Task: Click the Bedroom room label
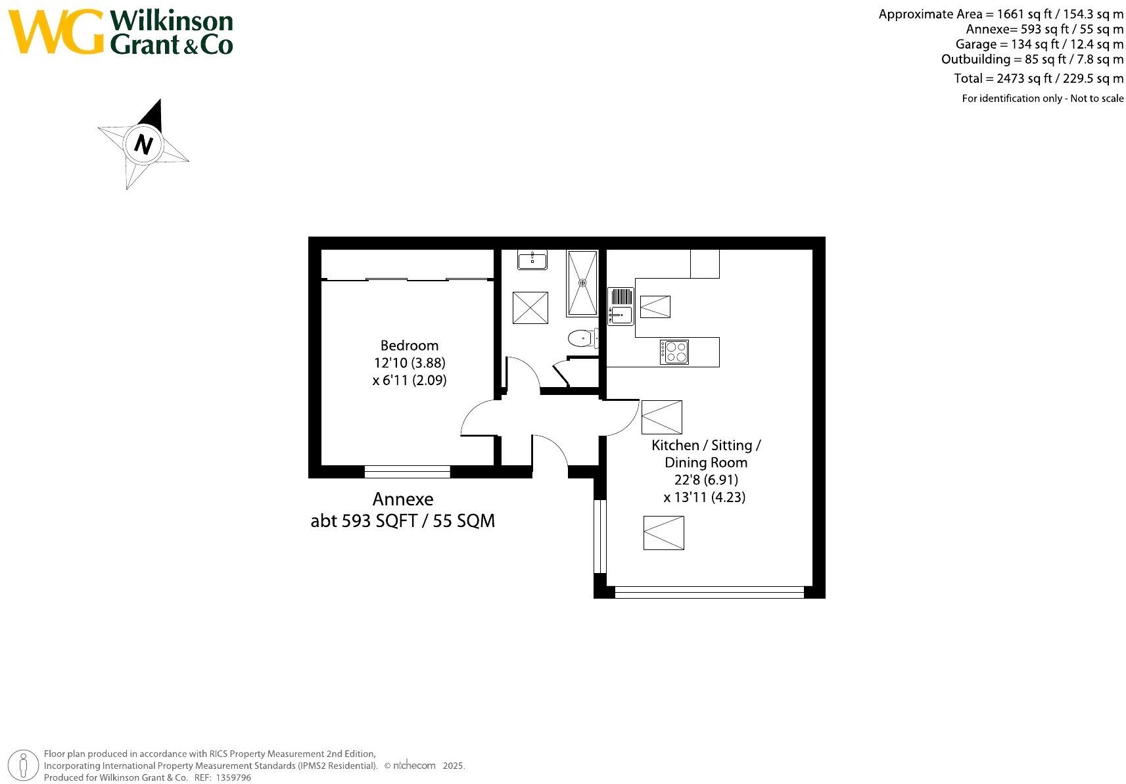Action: pyautogui.click(x=409, y=345)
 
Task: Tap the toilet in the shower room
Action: pyautogui.click(x=580, y=338)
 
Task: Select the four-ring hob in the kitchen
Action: pyautogui.click(x=674, y=352)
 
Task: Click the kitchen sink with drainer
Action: pyautogui.click(x=620, y=306)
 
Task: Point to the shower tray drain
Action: pyautogui.click(x=582, y=283)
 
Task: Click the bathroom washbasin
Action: pyautogui.click(x=532, y=260)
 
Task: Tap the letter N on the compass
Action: pyautogui.click(x=143, y=144)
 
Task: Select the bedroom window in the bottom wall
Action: pyautogui.click(x=407, y=471)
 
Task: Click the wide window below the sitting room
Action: pyautogui.click(x=709, y=592)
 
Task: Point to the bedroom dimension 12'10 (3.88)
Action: pyautogui.click(x=409, y=363)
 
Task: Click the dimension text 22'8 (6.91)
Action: pyautogui.click(x=705, y=480)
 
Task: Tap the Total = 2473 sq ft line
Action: pyautogui.click(x=1039, y=78)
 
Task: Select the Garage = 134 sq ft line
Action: pyautogui.click(x=1039, y=44)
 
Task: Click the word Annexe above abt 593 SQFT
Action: pyautogui.click(x=403, y=499)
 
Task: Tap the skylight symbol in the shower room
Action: pyautogui.click(x=530, y=308)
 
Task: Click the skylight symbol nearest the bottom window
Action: pyautogui.click(x=663, y=532)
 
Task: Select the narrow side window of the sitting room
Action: pyautogui.click(x=599, y=536)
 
